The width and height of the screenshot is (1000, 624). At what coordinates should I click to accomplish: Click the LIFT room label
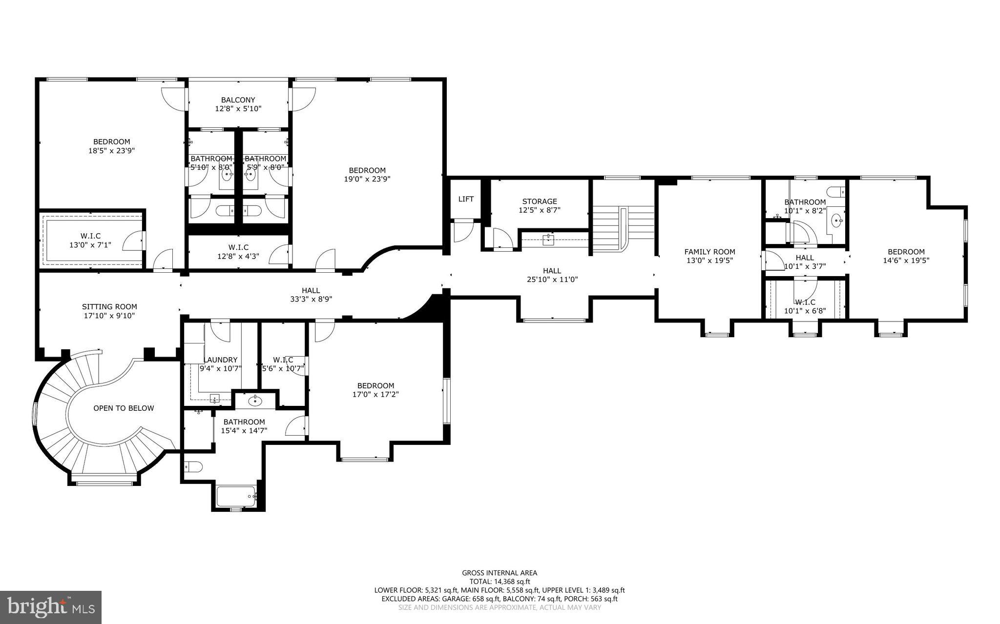[466, 199]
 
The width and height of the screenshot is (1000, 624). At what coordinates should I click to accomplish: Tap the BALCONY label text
[238, 100]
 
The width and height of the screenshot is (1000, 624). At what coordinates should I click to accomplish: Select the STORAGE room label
[539, 201]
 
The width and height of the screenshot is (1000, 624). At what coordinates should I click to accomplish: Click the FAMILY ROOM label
[709, 252]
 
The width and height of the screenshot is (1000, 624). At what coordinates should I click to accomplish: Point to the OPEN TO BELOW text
[124, 408]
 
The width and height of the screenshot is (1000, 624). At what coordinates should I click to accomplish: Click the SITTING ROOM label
[109, 306]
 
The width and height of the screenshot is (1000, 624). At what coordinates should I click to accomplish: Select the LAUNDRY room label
[220, 360]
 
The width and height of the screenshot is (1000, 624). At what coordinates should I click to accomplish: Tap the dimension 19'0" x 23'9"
[367, 179]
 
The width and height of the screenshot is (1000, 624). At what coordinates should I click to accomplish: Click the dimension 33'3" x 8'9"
[311, 299]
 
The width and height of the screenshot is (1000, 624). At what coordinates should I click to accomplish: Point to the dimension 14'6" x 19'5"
[906, 261]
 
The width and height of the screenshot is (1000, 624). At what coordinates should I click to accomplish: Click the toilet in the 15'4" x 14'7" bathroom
[194, 467]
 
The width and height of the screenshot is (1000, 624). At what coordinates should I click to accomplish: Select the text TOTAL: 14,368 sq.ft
[500, 582]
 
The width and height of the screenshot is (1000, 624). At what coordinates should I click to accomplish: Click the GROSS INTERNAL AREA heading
[500, 573]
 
